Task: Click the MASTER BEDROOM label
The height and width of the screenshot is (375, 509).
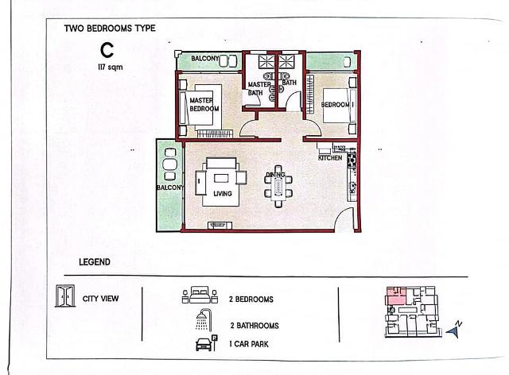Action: click(x=204, y=104)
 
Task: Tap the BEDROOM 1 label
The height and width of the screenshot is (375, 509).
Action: click(x=337, y=104)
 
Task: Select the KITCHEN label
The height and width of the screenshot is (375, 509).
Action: click(x=330, y=157)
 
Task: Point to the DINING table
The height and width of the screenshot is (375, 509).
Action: click(x=278, y=187)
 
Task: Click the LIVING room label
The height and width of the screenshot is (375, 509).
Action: click(x=223, y=194)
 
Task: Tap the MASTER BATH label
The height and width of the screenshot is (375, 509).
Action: click(x=258, y=88)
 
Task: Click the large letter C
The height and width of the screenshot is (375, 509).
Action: click(x=107, y=50)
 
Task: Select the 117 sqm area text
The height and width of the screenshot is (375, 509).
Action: click(x=111, y=68)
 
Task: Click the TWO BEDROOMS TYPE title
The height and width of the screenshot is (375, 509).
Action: click(x=110, y=29)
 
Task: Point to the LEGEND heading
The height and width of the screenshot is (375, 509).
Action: click(x=95, y=262)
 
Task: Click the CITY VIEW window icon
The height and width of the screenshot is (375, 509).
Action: click(x=65, y=296)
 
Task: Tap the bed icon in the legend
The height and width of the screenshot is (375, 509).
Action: click(x=200, y=295)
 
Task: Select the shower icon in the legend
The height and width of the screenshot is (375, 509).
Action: click(x=204, y=319)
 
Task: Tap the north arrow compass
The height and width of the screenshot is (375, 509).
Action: click(x=454, y=329)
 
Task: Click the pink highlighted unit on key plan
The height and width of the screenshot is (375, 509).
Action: click(x=395, y=296)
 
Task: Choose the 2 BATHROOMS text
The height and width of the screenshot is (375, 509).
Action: click(x=254, y=326)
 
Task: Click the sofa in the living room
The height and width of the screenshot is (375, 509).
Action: click(x=221, y=163)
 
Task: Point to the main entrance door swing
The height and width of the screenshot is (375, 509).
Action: click(x=344, y=219)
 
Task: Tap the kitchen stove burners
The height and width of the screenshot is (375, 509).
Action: click(x=352, y=159)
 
